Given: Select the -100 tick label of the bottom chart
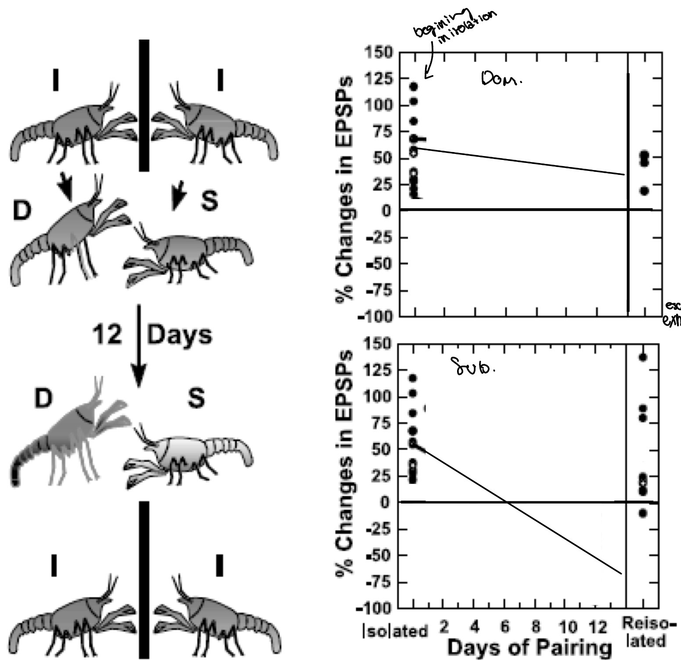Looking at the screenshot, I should [x=376, y=609].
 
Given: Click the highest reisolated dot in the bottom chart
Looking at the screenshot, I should [x=643, y=357].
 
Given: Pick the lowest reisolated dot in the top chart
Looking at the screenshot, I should [x=644, y=191].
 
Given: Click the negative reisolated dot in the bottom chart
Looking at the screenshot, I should [x=643, y=513].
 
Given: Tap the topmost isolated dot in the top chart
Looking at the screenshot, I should [x=414, y=86].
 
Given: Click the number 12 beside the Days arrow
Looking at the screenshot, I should [x=107, y=335].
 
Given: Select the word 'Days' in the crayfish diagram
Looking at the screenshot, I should [x=179, y=335].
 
